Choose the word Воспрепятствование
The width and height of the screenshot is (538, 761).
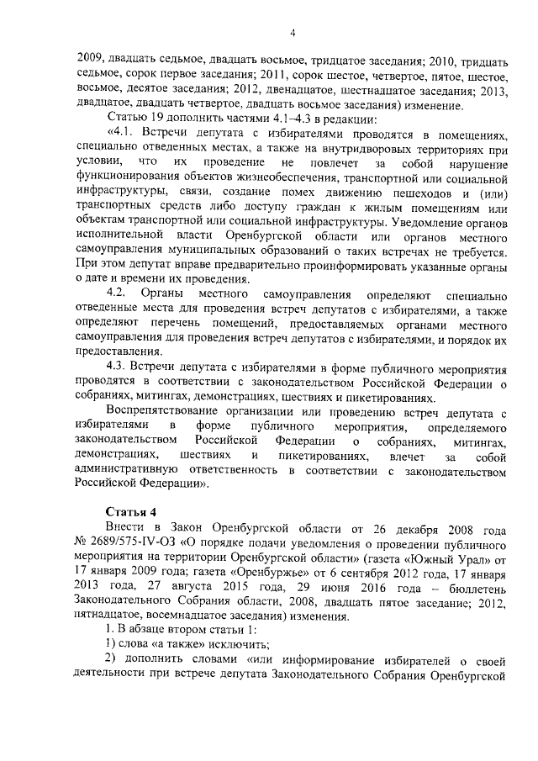pyautogui.click(x=166, y=411)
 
